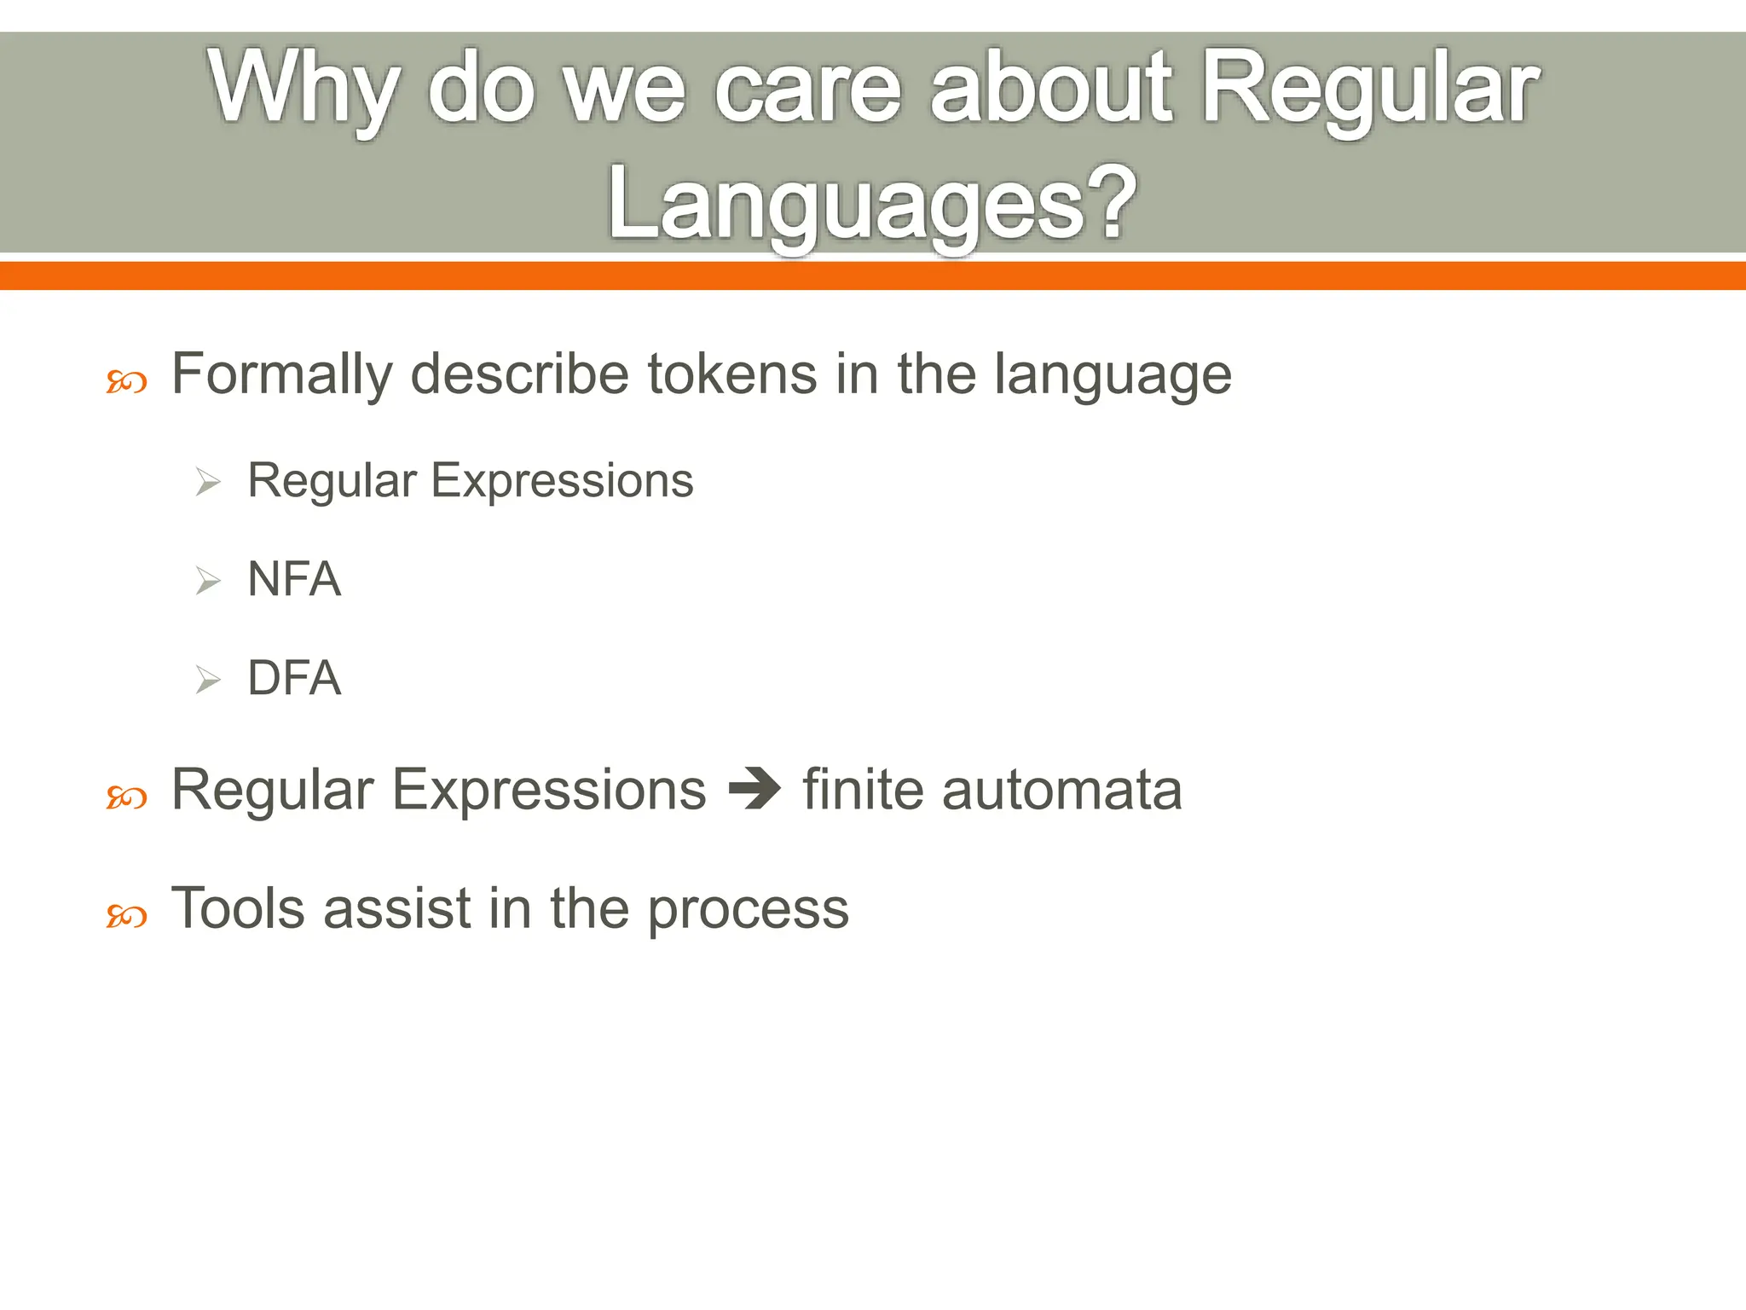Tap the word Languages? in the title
click(871, 205)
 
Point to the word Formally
click(281, 375)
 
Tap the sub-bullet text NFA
click(294, 579)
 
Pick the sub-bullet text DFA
click(294, 678)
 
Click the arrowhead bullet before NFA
click(207, 582)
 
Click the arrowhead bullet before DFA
click(207, 681)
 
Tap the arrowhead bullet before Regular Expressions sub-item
click(207, 483)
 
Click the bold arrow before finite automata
click(754, 789)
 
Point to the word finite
click(863, 789)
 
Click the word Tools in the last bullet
click(238, 908)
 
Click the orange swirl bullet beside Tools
click(126, 917)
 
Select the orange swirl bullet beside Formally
click(126, 382)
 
